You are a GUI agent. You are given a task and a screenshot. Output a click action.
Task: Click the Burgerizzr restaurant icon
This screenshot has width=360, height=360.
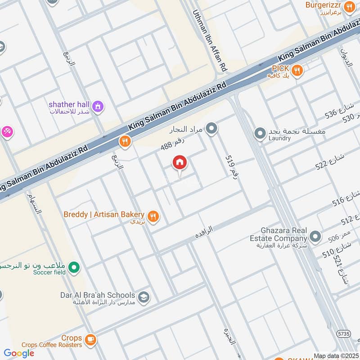pos(349,7)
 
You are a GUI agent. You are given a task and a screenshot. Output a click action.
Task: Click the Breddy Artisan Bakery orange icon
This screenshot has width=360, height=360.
pos(153,216)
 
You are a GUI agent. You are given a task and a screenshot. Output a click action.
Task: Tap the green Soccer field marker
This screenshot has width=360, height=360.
pos(74,268)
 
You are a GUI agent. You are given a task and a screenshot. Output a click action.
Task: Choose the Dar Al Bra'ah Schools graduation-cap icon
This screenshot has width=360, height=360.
pos(144,297)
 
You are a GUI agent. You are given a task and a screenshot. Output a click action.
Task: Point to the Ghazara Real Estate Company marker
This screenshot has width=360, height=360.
pos(315,236)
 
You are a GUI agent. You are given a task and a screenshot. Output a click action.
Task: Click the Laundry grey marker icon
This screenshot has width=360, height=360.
pos(260,134)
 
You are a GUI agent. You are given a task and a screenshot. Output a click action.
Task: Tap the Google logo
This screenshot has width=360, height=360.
pos(19,353)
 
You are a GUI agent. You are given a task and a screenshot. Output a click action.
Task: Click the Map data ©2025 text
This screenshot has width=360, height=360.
pos(336,355)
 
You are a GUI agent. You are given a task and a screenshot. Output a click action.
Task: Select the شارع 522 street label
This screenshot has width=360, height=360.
pos(330,161)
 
